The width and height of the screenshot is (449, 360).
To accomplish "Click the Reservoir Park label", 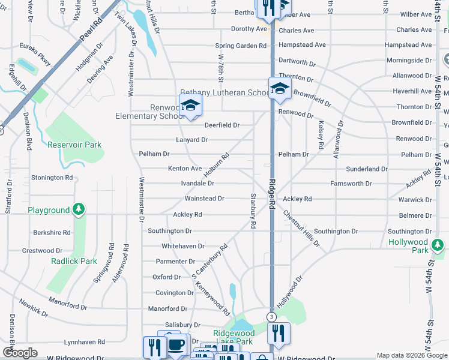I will click(x=74, y=145).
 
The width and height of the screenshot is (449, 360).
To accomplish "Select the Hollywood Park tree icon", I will click(x=438, y=245).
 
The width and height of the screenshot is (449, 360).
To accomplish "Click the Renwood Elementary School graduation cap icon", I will click(x=190, y=106).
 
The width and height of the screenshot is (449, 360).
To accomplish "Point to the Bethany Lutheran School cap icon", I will click(x=279, y=89).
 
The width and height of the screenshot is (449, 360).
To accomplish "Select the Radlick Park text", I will click(x=72, y=261).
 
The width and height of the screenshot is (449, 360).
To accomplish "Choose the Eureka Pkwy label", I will click(x=36, y=53).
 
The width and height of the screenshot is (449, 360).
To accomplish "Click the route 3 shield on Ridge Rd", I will click(x=271, y=317).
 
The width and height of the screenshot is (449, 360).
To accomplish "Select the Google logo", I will click(x=20, y=353).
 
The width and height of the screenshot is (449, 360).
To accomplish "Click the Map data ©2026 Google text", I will click(x=412, y=356).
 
